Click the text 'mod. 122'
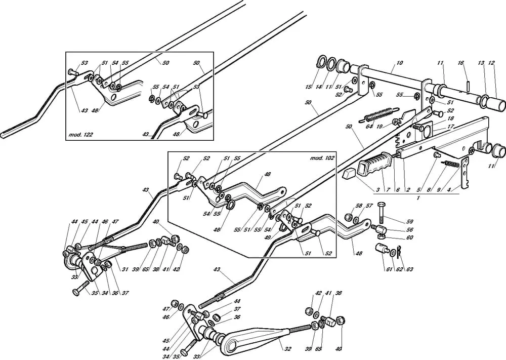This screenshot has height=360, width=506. (80, 134)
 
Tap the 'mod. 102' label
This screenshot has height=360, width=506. (322, 158)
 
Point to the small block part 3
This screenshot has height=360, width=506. (349, 174)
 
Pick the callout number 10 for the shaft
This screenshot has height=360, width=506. (400, 63)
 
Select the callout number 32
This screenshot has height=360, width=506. (288, 349)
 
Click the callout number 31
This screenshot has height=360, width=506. (124, 269)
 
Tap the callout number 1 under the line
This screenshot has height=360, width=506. (418, 198)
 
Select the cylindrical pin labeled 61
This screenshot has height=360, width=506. (382, 250)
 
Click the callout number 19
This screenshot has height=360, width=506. (379, 127)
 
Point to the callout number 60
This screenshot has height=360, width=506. (409, 237)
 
